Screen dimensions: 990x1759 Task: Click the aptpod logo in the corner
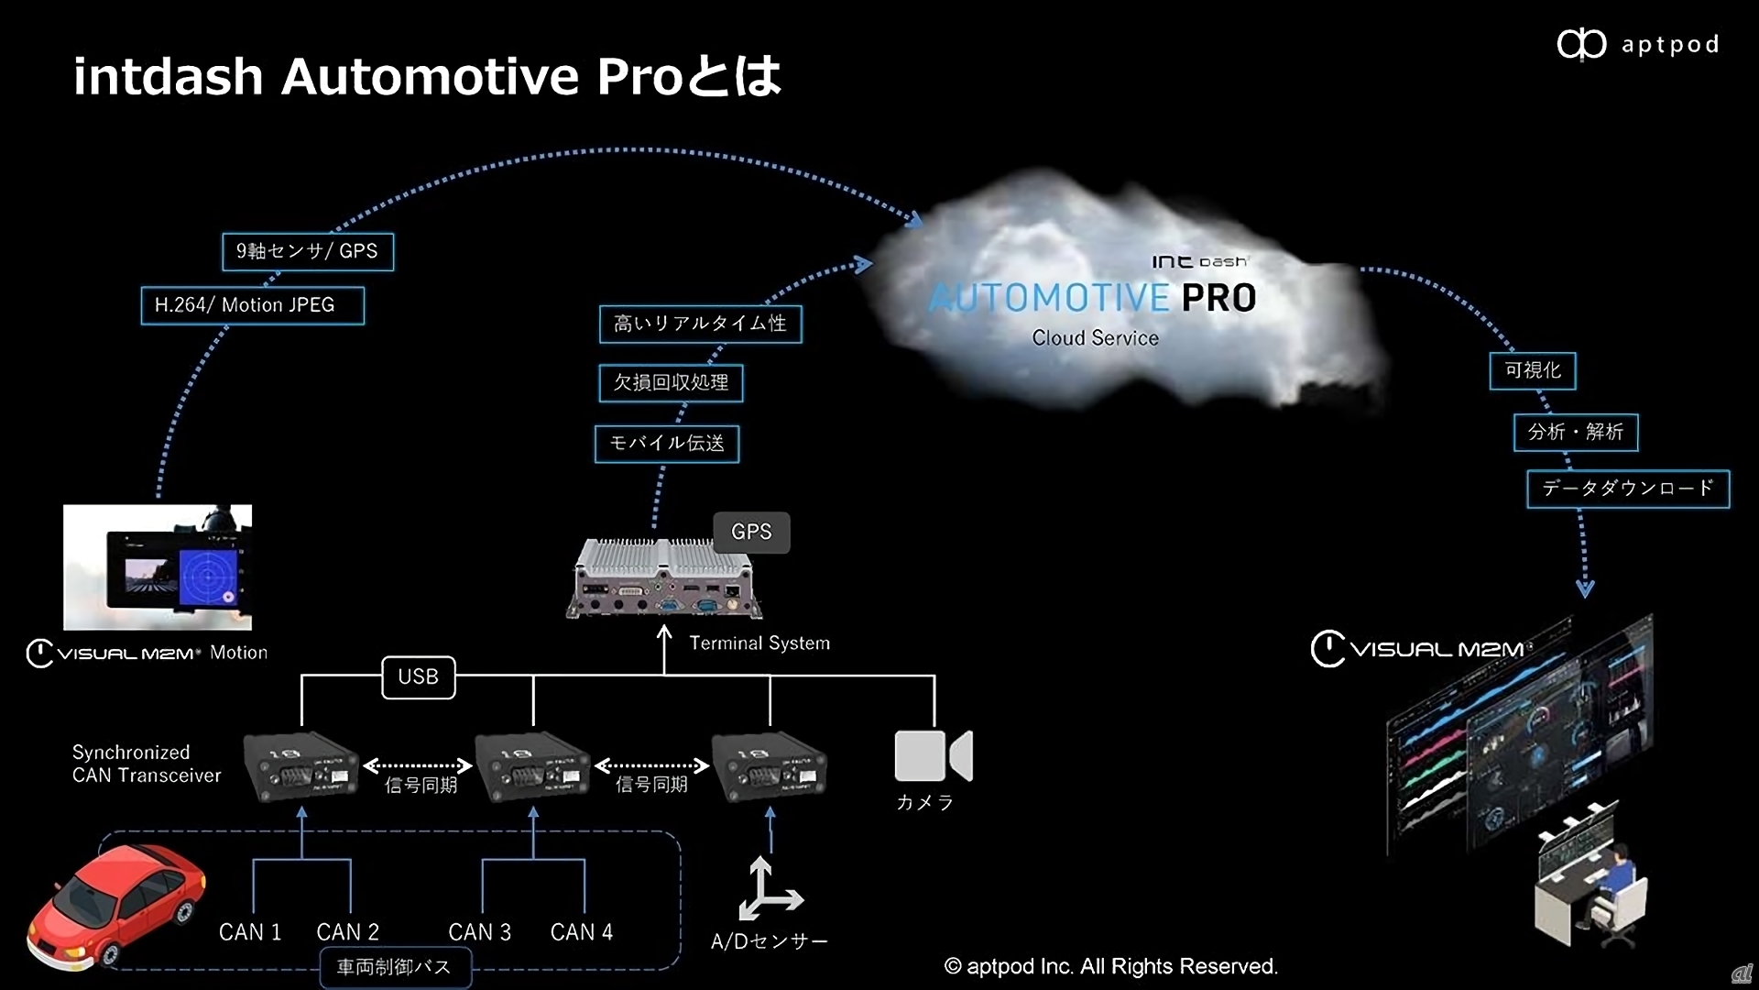pos(1637,44)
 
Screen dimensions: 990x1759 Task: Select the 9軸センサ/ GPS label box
pos(308,251)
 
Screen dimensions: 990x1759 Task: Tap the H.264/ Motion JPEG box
pos(252,305)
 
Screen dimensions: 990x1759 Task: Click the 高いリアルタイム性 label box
pos(700,324)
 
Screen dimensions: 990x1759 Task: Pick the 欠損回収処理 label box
pos(671,382)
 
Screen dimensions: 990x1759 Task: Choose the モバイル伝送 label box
pos(666,444)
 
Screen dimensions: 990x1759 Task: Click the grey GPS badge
pos(751,532)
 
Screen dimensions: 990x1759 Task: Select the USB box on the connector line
pos(418,676)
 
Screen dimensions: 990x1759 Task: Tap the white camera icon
pos(933,755)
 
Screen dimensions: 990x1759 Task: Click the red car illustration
pos(116,906)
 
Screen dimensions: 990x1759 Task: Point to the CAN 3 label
pos(479,931)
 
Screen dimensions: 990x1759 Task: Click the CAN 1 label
pos(249,931)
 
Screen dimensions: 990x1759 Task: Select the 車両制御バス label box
pos(395,967)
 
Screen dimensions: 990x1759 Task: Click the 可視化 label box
pos(1532,370)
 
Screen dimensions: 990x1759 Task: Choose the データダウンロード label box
pos(1627,489)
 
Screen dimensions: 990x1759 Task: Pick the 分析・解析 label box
pos(1575,432)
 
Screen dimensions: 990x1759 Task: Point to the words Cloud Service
pos(1095,338)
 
